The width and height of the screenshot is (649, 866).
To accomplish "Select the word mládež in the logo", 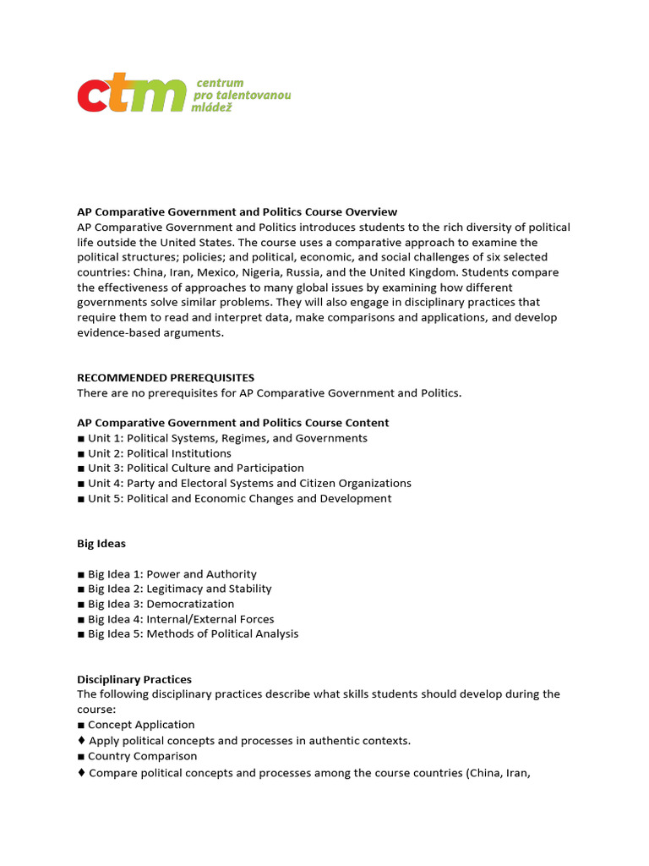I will [x=218, y=108].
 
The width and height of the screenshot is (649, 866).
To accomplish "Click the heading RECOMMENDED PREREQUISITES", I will [x=166, y=377].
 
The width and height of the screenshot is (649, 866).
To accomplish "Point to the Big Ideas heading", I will [x=101, y=543].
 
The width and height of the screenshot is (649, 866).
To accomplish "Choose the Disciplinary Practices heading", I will [x=134, y=679].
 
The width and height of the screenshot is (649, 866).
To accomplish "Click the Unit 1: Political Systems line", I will [x=227, y=438].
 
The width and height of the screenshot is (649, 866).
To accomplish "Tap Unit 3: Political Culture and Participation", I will [x=195, y=468].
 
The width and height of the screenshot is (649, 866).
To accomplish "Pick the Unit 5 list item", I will [x=239, y=498].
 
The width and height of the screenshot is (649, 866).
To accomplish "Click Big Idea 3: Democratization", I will [x=161, y=604].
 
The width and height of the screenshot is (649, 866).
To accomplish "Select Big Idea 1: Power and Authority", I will [x=172, y=573].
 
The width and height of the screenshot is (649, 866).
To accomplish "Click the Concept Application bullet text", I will [x=141, y=725].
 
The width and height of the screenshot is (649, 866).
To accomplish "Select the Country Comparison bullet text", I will [x=142, y=756].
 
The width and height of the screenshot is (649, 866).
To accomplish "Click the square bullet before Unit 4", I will [x=81, y=484].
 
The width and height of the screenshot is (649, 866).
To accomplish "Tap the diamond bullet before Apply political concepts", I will [x=81, y=740].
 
